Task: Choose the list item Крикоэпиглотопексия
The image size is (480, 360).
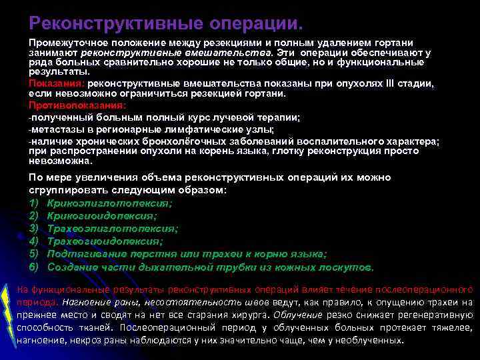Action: (x=109, y=203)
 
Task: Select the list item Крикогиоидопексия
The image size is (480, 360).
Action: (x=102, y=215)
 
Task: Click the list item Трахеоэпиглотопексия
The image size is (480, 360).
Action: (x=113, y=228)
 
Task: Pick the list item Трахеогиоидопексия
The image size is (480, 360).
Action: (x=105, y=241)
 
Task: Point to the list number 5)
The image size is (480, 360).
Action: (x=34, y=254)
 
